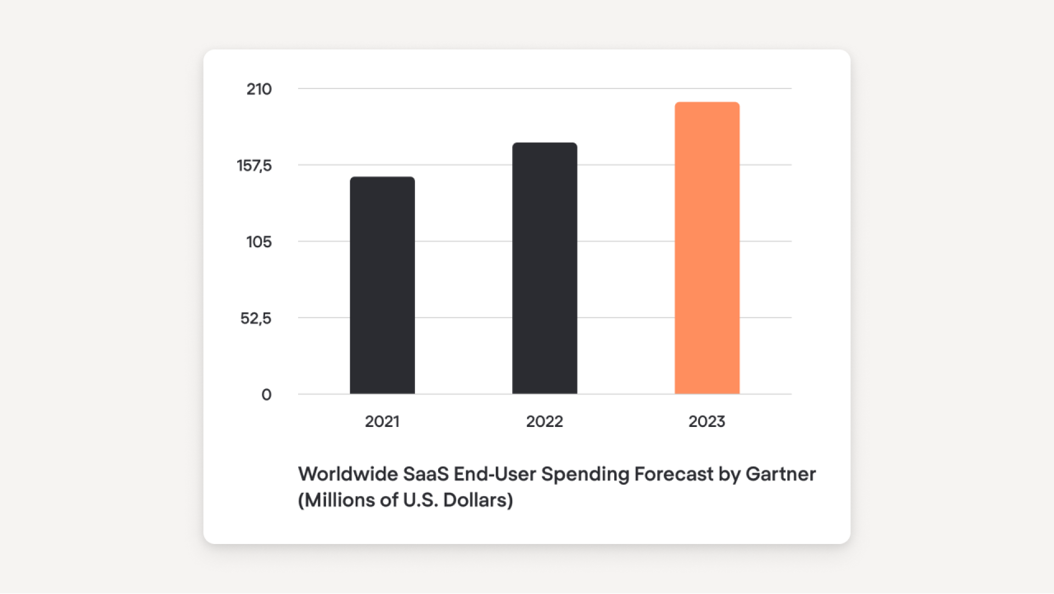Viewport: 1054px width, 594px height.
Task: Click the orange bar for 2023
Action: (x=707, y=248)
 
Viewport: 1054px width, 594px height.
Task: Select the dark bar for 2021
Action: (x=382, y=285)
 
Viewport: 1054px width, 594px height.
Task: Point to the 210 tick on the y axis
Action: (x=259, y=89)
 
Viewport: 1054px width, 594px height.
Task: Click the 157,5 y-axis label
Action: (x=254, y=165)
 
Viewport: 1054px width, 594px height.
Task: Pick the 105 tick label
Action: (x=259, y=242)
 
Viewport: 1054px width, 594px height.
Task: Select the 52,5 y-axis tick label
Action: (x=256, y=318)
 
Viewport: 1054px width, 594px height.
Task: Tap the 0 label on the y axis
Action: (x=266, y=395)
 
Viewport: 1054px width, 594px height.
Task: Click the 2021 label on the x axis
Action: (x=382, y=421)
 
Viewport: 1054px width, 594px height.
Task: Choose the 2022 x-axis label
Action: (x=545, y=421)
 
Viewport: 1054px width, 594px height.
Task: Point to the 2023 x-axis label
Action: (x=707, y=421)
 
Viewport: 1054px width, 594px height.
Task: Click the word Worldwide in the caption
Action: (x=347, y=474)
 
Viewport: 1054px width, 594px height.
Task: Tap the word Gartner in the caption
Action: (x=781, y=474)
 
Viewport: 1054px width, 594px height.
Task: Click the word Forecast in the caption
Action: (x=674, y=474)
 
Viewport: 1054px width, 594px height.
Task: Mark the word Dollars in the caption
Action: (x=478, y=500)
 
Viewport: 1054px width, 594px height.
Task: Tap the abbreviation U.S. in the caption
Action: (x=421, y=500)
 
